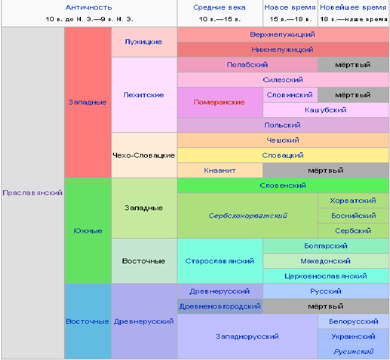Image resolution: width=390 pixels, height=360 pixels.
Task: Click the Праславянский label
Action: point(33,193)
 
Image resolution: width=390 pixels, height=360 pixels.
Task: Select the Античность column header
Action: point(89,7)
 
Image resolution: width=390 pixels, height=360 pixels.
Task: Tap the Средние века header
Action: point(219,7)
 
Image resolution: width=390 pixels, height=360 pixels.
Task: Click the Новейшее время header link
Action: point(353,7)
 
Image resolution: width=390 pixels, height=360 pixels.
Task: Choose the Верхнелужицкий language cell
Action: point(283,34)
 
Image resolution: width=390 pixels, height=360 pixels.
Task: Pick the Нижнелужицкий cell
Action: point(283,50)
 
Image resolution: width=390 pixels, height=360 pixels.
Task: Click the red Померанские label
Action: point(219,102)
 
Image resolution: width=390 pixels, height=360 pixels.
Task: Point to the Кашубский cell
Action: point(325,110)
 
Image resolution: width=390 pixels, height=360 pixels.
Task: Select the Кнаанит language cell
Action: point(220,170)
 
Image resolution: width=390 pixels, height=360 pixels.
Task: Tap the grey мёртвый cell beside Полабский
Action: point(353,65)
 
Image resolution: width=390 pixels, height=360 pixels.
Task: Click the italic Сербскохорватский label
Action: point(248,216)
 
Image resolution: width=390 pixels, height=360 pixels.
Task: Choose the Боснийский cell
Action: point(353,216)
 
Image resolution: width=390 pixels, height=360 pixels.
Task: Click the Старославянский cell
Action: point(220,261)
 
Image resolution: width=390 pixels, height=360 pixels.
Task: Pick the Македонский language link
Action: point(325,261)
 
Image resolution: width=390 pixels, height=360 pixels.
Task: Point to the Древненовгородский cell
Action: point(220,306)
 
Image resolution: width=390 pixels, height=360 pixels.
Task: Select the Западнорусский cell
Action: point(248,336)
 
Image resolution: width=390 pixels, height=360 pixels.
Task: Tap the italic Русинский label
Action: point(353,352)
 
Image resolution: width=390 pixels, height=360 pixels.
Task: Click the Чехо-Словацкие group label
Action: point(144,155)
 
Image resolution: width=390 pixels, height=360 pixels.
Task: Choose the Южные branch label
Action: point(88,231)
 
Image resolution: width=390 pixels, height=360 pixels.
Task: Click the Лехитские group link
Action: point(144,95)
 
